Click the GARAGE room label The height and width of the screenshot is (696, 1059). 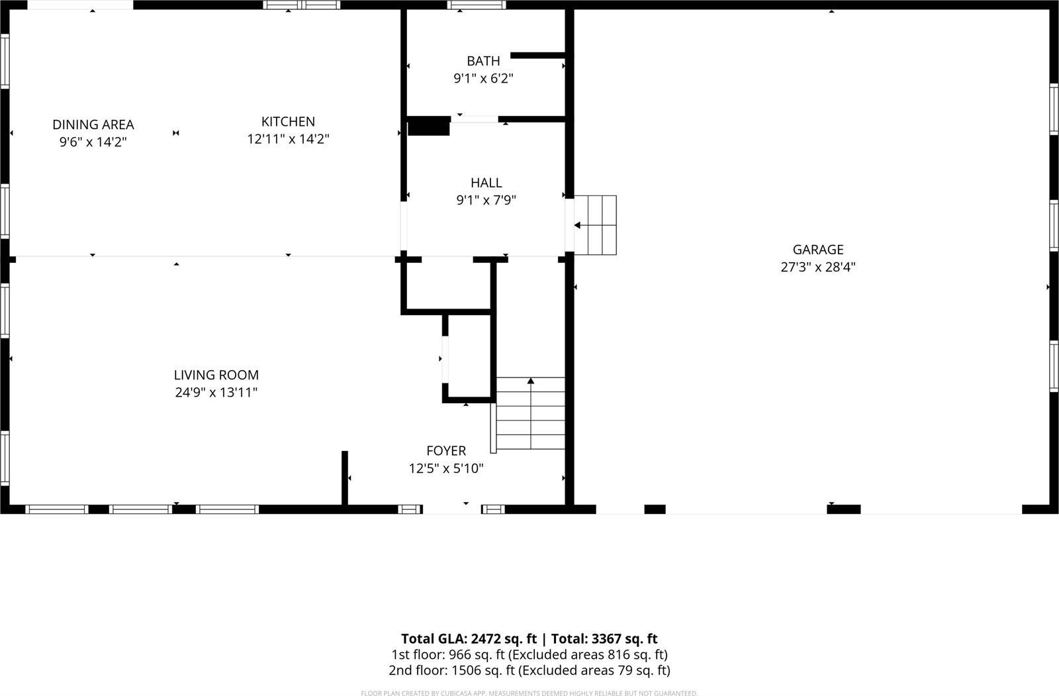[818, 250]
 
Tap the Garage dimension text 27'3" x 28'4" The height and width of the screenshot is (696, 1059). [818, 268]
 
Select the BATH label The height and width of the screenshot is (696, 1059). [483, 61]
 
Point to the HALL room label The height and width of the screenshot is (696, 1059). [486, 183]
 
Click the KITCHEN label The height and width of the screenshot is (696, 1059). [288, 122]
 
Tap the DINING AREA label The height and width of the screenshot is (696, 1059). [93, 124]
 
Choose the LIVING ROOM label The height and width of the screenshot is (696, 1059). [216, 375]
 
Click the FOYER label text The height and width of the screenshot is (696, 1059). [446, 451]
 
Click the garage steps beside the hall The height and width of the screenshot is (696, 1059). [596, 225]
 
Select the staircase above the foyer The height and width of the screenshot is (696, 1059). [531, 414]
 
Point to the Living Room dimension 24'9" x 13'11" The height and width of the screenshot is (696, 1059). [216, 393]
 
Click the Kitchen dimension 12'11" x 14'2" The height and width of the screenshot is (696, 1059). [288, 139]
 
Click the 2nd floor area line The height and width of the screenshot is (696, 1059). [529, 670]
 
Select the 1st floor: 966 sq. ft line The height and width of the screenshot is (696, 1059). [529, 655]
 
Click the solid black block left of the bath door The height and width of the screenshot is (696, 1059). [428, 126]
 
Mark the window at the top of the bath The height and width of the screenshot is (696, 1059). [477, 5]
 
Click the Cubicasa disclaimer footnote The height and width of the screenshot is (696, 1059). [529, 693]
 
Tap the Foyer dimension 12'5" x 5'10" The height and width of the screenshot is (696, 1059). [446, 469]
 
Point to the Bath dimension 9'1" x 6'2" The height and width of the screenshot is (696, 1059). [483, 79]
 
